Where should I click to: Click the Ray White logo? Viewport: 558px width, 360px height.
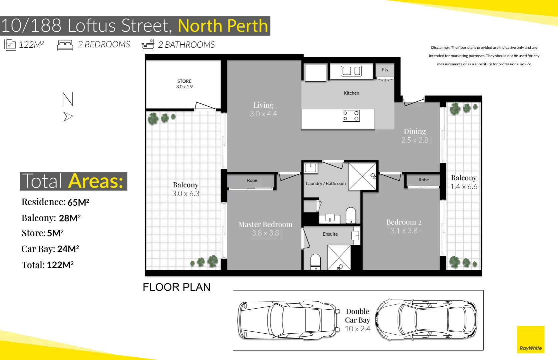pyautogui.click(x=531, y=340)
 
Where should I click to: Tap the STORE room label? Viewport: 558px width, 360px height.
pyautogui.click(x=184, y=81)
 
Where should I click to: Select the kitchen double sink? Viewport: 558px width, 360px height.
pyautogui.click(x=351, y=71)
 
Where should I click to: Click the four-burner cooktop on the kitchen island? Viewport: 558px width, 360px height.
pyautogui.click(x=351, y=116)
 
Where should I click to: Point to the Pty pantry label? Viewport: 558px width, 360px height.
pyautogui.click(x=385, y=70)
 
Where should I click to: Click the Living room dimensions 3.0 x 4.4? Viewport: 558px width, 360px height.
pyautogui.click(x=263, y=114)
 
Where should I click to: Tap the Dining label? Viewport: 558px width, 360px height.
pyautogui.click(x=415, y=131)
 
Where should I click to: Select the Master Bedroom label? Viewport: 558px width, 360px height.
pyautogui.click(x=265, y=224)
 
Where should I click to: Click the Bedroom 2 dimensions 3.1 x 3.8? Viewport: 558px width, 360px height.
pyautogui.click(x=404, y=231)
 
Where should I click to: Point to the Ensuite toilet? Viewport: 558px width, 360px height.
pyautogui.click(x=316, y=262)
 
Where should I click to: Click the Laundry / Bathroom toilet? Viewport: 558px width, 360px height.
pyautogui.click(x=351, y=215)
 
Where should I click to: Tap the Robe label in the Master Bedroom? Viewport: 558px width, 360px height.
pyautogui.click(x=252, y=180)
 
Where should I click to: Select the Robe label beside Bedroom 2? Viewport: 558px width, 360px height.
pyautogui.click(x=424, y=180)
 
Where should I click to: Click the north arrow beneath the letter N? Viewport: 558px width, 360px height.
pyautogui.click(x=68, y=117)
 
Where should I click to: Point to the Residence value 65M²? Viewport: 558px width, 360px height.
pyautogui.click(x=78, y=202)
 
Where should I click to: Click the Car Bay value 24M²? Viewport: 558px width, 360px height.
pyautogui.click(x=68, y=249)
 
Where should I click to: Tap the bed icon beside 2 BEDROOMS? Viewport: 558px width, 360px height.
pyautogui.click(x=65, y=45)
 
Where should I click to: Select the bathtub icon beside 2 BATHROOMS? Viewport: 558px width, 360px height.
pyautogui.click(x=148, y=44)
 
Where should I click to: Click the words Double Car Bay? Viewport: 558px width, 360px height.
pyautogui.click(x=358, y=316)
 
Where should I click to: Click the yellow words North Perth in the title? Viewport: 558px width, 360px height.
pyautogui.click(x=223, y=26)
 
